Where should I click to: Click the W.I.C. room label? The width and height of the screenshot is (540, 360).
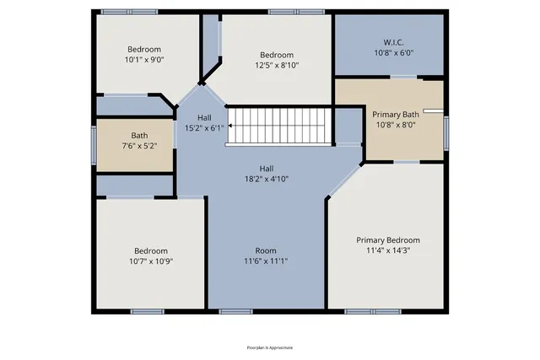pyautogui.click(x=394, y=41)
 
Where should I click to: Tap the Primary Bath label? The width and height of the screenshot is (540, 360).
pyautogui.click(x=396, y=116)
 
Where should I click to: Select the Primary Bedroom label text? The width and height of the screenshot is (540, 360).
pyautogui.click(x=387, y=240)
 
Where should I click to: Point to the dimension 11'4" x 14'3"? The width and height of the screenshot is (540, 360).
pyautogui.click(x=387, y=250)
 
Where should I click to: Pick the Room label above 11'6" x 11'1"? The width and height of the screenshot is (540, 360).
pyautogui.click(x=266, y=250)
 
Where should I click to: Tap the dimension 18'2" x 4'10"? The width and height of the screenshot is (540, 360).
pyautogui.click(x=266, y=179)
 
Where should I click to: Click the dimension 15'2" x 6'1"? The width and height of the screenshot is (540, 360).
pyautogui.click(x=205, y=128)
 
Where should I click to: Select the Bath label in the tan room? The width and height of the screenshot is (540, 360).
pyautogui.click(x=139, y=136)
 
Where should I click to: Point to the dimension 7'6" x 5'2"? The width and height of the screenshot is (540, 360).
pyautogui.click(x=139, y=146)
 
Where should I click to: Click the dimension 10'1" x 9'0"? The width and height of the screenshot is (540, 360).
pyautogui.click(x=143, y=60)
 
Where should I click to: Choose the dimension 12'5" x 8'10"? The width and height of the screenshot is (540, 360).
pyautogui.click(x=277, y=65)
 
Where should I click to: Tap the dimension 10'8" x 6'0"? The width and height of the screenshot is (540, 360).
pyautogui.click(x=394, y=51)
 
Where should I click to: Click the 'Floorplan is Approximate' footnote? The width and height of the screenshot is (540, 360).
pyautogui.click(x=270, y=347)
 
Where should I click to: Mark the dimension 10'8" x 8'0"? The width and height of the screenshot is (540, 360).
pyautogui.click(x=396, y=126)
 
